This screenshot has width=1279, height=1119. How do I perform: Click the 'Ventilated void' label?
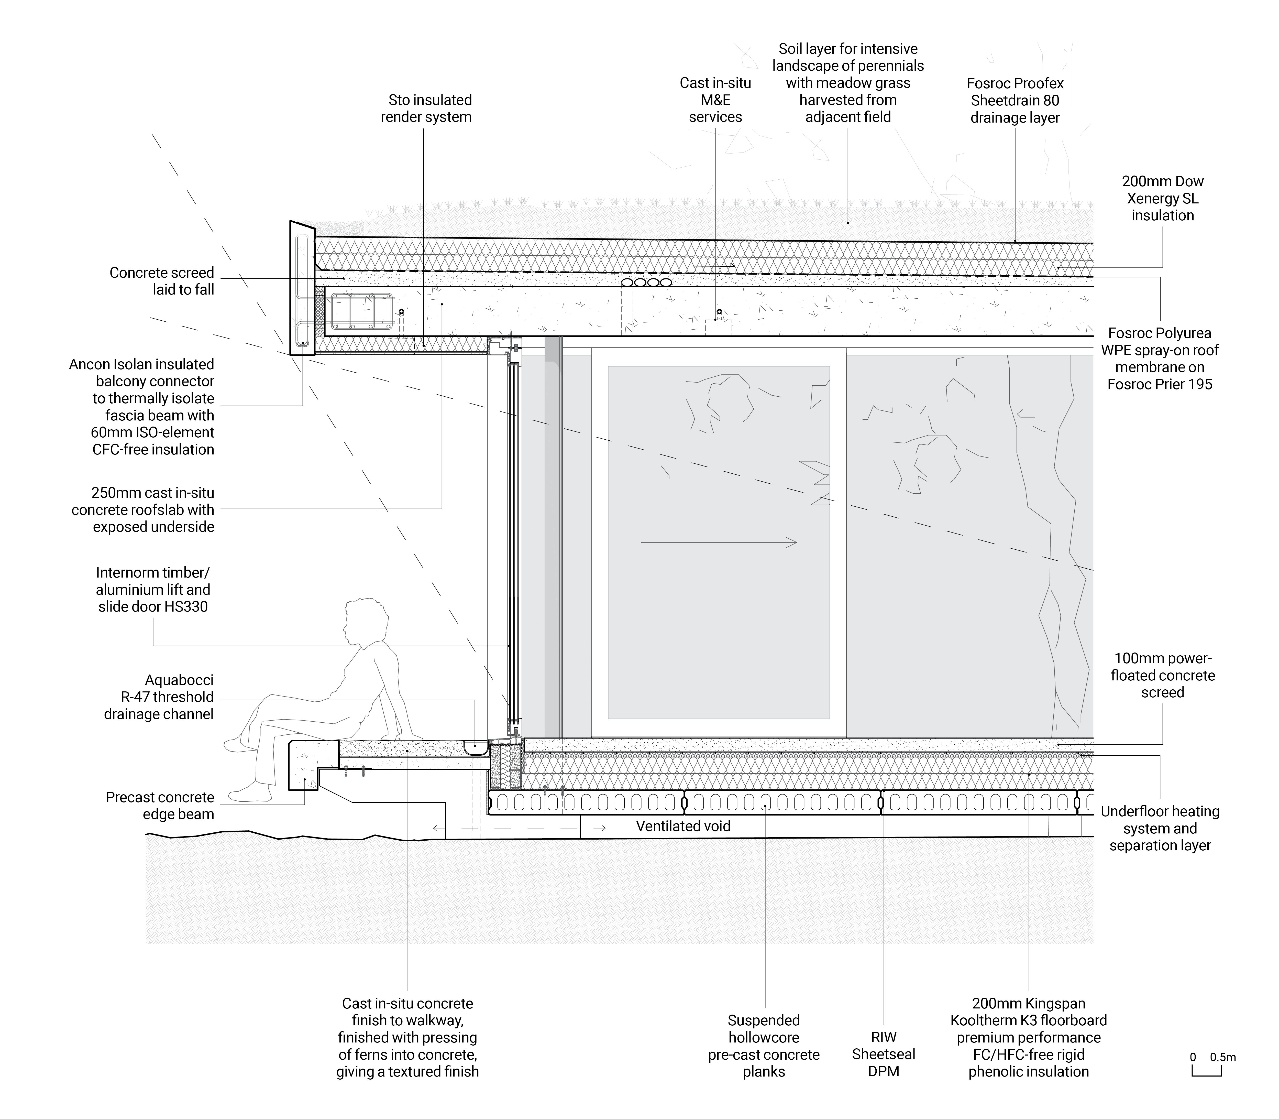683,826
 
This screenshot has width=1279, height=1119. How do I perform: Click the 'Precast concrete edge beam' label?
160,806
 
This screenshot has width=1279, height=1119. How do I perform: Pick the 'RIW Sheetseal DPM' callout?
883,1054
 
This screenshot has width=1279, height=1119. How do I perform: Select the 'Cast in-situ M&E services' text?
715,100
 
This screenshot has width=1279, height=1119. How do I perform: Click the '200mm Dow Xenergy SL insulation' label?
1162,199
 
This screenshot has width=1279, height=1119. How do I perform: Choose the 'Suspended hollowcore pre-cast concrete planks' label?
763,1046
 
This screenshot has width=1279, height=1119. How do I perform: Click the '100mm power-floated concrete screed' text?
1162,675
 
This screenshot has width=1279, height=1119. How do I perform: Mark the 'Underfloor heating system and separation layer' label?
1160,828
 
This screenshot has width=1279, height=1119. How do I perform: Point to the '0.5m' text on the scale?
1222,1057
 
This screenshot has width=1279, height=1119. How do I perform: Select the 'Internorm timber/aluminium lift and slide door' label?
153,590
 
